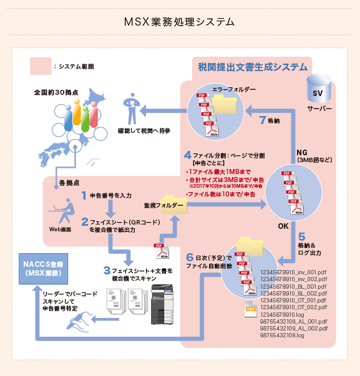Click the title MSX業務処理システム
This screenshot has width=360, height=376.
pyautogui.click(x=180, y=22)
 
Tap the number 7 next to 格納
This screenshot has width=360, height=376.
pyautogui.click(x=262, y=120)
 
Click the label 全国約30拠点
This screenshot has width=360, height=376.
pyautogui.click(x=56, y=92)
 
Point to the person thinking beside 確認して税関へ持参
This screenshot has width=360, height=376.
pyautogui.click(x=132, y=108)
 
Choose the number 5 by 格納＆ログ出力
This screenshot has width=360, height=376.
pyautogui.click(x=301, y=237)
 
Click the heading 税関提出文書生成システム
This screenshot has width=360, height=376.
pyautogui.click(x=252, y=67)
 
